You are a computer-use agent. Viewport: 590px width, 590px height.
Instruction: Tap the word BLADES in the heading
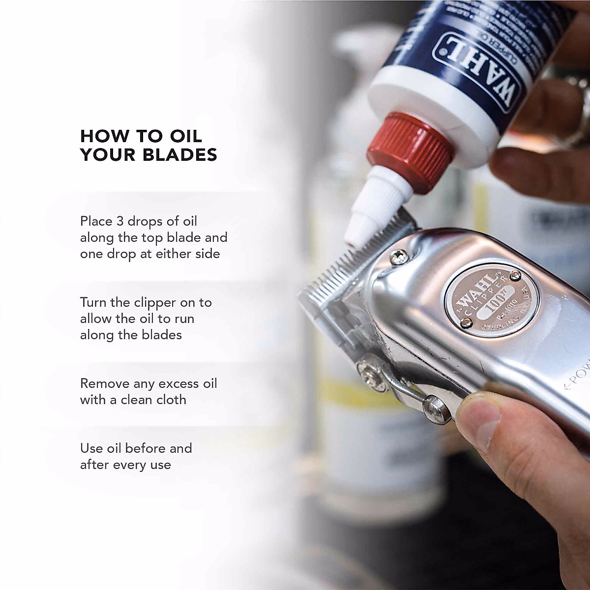pos(179,155)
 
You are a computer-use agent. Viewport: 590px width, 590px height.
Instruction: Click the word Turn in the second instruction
pos(93,302)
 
